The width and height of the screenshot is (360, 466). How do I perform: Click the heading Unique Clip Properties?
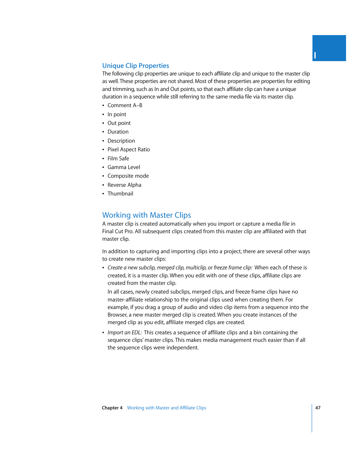coord(135,66)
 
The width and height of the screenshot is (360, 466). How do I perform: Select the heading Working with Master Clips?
coord(146,215)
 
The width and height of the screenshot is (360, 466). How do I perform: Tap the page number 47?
coord(318,408)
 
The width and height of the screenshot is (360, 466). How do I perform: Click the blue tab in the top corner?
coord(329,48)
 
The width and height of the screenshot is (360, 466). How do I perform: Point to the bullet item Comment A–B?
coord(125,106)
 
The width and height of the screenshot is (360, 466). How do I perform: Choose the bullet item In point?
coord(117,114)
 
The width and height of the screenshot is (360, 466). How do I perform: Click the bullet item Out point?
coord(119,123)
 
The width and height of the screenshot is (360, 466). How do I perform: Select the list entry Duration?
coord(118,132)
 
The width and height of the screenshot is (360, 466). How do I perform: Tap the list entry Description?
coord(121,141)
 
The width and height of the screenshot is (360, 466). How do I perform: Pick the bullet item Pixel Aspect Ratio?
coord(128,149)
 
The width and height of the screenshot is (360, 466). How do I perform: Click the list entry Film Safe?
coord(118,158)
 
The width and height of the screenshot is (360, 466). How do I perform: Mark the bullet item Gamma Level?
coord(123,167)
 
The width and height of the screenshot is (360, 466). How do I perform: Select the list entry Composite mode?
coord(128,176)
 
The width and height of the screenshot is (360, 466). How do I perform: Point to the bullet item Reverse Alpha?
coord(124,185)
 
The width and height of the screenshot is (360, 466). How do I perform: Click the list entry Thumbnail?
coord(120,194)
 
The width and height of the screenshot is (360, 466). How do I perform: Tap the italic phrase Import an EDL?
coord(125,332)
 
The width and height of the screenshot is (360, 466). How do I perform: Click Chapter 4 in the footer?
coord(112,408)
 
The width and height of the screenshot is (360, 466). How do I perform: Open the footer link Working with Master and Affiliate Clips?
coord(166,408)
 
